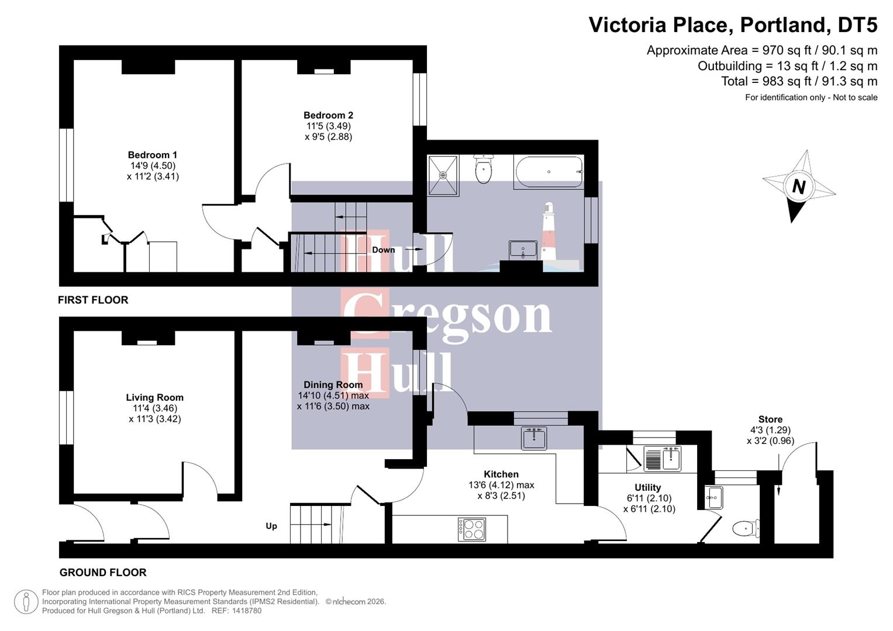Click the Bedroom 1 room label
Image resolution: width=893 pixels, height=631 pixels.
[153, 155]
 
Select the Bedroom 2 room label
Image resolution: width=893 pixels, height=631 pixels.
[328, 115]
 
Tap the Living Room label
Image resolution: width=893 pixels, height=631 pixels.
[154, 397]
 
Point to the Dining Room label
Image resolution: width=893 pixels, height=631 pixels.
[333, 384]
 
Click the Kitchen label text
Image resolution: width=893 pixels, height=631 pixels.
[501, 474]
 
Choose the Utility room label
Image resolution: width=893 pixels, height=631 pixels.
[648, 487]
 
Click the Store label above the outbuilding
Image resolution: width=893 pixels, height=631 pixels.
[770, 419]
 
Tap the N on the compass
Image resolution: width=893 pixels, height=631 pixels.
[798, 186]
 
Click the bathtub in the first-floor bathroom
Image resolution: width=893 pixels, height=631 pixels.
[549, 172]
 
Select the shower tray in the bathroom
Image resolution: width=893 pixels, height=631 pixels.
[443, 175]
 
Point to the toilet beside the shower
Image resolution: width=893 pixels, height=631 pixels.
[483, 169]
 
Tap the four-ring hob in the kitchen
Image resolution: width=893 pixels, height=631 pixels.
[471, 529]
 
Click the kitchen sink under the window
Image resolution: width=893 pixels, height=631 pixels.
[534, 438]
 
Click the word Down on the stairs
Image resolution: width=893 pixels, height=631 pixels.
[384, 249]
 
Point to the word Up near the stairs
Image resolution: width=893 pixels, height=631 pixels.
[271, 526]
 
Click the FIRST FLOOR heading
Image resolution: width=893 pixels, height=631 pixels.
[93, 300]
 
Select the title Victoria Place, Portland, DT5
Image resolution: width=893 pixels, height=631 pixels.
[733, 25]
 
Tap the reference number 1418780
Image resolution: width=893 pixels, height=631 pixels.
[246, 611]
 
